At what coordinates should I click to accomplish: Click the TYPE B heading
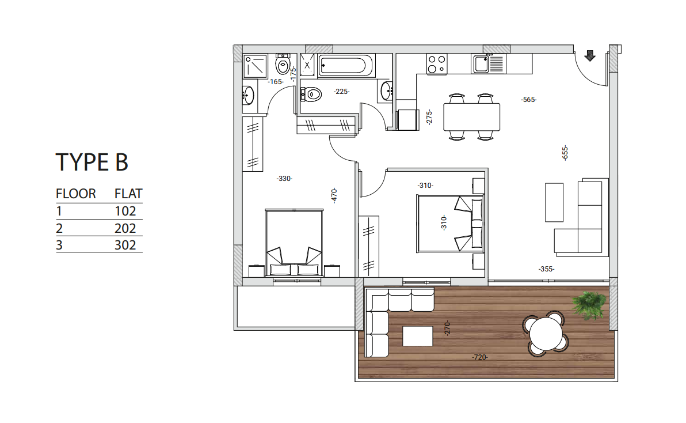[92, 163]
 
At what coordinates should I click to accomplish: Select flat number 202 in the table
[125, 228]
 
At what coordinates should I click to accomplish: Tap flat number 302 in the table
[125, 245]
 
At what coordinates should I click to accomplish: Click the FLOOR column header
[75, 194]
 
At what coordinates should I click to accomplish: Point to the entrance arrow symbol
[589, 55]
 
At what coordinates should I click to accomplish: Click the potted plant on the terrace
[589, 304]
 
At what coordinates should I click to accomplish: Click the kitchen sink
[487, 63]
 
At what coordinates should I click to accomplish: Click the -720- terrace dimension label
[479, 357]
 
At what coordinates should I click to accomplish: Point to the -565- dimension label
[528, 100]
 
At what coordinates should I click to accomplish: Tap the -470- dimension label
[334, 195]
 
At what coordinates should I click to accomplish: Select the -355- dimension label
[546, 269]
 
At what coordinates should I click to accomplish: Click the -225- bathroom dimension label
[342, 91]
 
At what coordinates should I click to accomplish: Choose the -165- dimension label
[276, 82]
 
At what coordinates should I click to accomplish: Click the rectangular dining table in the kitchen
[471, 116]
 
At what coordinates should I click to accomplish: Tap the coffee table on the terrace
[417, 336]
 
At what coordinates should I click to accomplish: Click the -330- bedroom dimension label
[284, 179]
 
